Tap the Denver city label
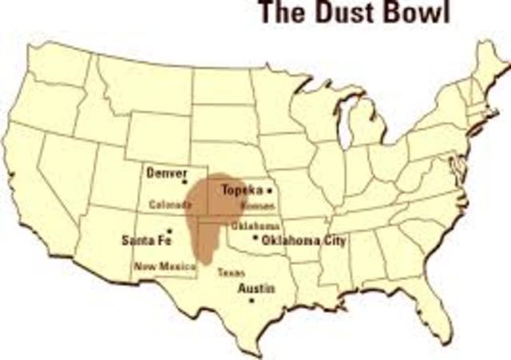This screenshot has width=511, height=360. tap(167, 172)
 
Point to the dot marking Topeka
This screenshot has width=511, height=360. tap(270, 191)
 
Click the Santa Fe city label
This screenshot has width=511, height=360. tap(145, 239)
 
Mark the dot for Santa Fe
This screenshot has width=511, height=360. tap(169, 230)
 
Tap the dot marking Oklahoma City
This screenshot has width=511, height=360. tap(254, 238)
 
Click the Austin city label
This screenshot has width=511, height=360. tap(257, 287)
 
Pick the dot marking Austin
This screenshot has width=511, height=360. tap(252, 301)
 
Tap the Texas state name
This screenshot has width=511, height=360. tap(231, 271)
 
